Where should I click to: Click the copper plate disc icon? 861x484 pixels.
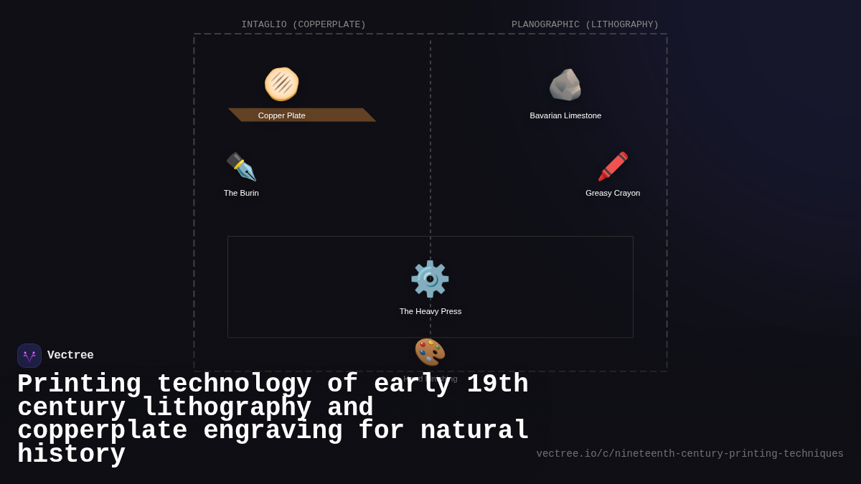(281, 84)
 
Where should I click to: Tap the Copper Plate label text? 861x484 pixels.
(281, 115)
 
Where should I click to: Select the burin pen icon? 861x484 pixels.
(241, 166)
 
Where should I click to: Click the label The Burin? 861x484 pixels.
(241, 193)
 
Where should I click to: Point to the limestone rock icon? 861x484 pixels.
(565, 85)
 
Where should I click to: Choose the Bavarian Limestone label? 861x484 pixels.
(565, 115)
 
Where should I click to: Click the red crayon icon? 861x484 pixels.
(613, 166)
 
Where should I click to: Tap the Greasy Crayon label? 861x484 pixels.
(613, 193)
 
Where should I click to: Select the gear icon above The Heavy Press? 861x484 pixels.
(430, 279)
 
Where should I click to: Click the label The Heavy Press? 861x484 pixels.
(430, 311)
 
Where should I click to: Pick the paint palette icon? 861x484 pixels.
(430, 352)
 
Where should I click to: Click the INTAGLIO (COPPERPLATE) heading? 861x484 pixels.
(304, 24)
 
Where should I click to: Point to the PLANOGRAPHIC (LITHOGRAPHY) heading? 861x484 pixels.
(585, 24)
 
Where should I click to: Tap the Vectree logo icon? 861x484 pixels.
(29, 356)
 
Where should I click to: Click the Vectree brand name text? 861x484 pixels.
(70, 356)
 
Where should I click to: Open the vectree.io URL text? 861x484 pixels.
(690, 454)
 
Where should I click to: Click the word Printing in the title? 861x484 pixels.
(79, 384)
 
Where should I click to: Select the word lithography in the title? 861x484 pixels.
(227, 408)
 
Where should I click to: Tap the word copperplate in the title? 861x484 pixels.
(102, 431)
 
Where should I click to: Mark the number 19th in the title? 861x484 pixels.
(497, 384)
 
